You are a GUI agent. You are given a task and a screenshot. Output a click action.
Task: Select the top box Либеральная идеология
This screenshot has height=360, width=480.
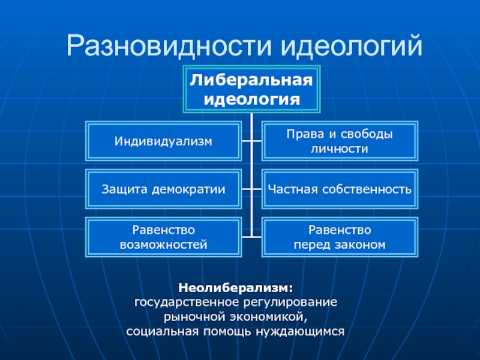coord(252,89)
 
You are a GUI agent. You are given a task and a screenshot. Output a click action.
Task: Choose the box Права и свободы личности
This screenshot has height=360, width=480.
coord(340,142)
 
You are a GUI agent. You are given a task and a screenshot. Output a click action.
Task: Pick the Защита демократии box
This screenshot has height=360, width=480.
coord(164,190)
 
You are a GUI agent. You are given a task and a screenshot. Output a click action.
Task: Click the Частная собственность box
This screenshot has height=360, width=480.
coord(340,190)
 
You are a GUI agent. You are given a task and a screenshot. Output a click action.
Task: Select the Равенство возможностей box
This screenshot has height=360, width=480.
coord(164,238)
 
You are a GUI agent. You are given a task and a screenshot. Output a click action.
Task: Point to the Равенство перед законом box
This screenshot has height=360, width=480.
coord(340,238)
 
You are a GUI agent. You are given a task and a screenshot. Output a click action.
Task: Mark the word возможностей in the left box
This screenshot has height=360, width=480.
coord(164,245)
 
